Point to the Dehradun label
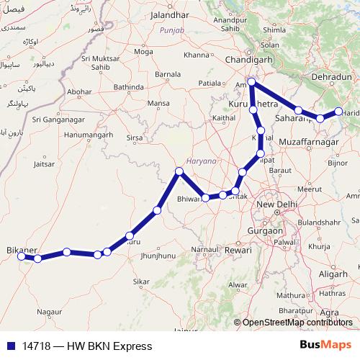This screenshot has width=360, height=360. (x=332, y=76)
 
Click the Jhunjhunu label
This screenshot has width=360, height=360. (x=160, y=256)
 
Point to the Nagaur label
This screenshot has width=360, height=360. (x=50, y=312)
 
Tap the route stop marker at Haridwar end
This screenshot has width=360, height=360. (x=338, y=111)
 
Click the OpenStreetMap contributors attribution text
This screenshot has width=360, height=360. (x=297, y=323)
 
